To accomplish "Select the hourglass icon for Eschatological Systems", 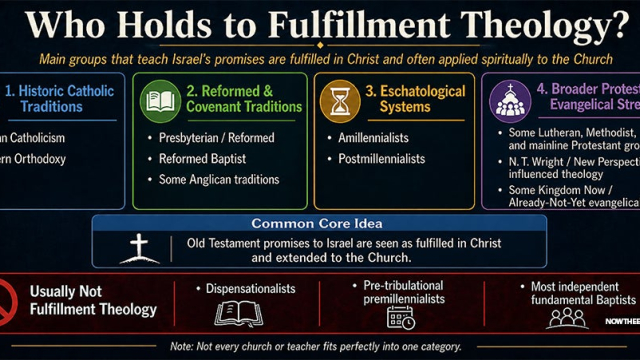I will [341, 99].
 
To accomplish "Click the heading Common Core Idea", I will [319, 223].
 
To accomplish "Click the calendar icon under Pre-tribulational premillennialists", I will [402, 319].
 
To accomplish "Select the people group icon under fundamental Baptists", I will [567, 317].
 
